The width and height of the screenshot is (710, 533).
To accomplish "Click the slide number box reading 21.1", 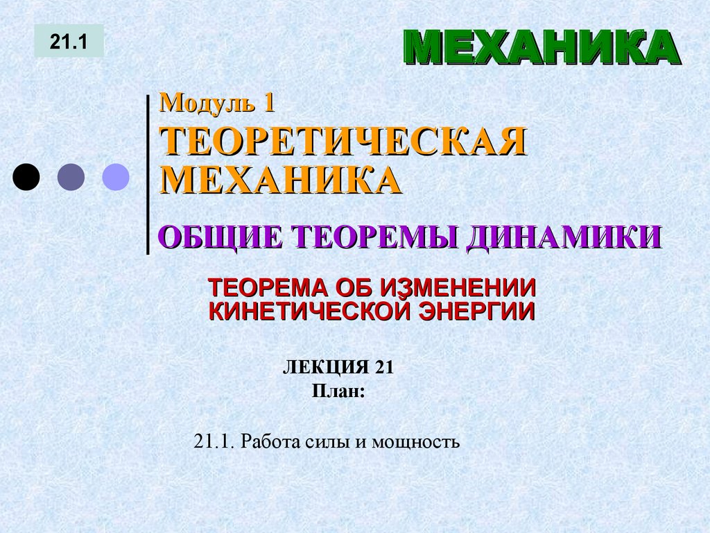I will [x=69, y=41].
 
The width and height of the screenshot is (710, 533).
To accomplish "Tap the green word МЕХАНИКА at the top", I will [x=542, y=48].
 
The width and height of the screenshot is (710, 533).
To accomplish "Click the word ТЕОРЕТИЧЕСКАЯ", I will [x=343, y=142].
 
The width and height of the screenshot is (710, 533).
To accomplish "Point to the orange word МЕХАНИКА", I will [x=281, y=180].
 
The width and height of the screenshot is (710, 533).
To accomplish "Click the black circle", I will [x=26, y=178].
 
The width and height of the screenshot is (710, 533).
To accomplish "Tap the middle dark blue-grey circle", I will [x=71, y=178].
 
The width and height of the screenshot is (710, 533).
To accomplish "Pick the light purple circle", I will [x=116, y=178].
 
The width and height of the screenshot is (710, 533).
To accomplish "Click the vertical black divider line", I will [x=148, y=174].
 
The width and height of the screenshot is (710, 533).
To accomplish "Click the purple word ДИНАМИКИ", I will [x=563, y=237].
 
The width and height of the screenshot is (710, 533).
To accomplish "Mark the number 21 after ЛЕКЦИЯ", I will [x=384, y=368].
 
